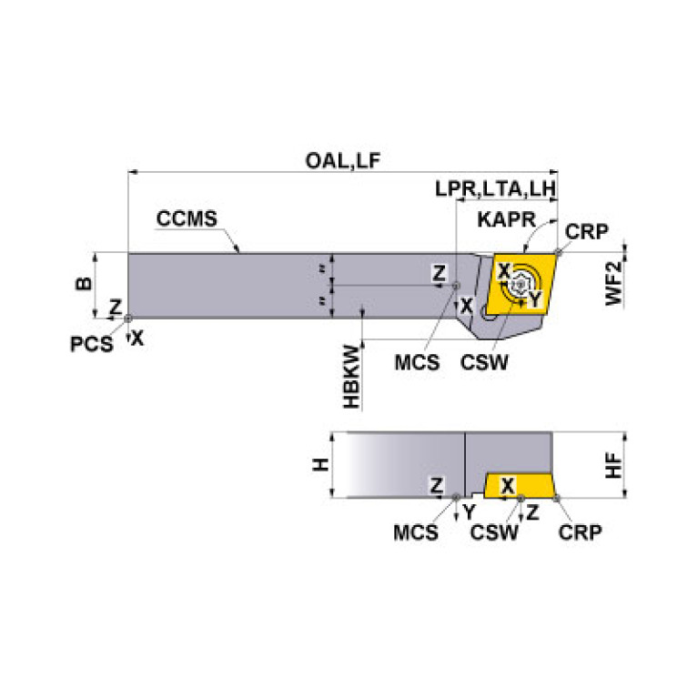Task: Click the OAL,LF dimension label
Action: click(x=342, y=161)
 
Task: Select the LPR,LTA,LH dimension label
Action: click(x=495, y=189)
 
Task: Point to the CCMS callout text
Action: click(x=187, y=219)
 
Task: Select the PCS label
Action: click(x=93, y=344)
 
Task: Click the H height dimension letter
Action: click(x=318, y=464)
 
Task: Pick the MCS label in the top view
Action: click(x=417, y=362)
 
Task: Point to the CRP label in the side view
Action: click(x=579, y=531)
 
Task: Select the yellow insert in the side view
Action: click(x=519, y=486)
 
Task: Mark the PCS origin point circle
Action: click(x=128, y=318)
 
